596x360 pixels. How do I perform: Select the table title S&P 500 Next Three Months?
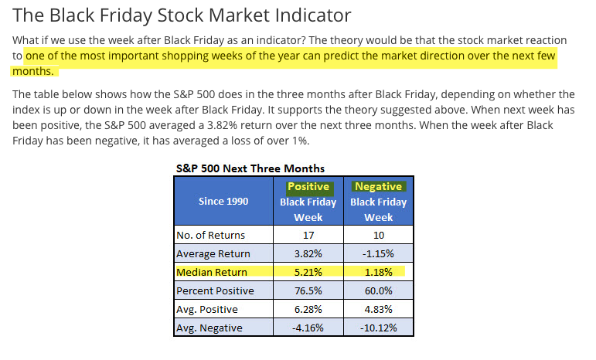pyautogui.click(x=250, y=168)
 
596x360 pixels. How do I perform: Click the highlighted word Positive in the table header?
pyautogui.click(x=308, y=186)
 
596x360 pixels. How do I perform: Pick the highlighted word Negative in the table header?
pyautogui.click(x=378, y=186)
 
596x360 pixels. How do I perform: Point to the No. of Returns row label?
pyautogui.click(x=210, y=235)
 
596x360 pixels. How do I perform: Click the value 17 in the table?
pyautogui.click(x=308, y=235)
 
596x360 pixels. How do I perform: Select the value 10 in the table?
pyautogui.click(x=379, y=235)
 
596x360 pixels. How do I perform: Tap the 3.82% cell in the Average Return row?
pyautogui.click(x=308, y=253)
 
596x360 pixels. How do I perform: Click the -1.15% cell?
pyautogui.click(x=379, y=253)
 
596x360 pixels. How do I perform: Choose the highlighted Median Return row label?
pyautogui.click(x=212, y=272)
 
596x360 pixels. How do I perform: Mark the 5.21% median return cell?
pyautogui.click(x=308, y=272)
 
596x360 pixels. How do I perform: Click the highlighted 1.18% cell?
pyautogui.click(x=379, y=272)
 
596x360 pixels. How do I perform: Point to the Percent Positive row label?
pyautogui.click(x=216, y=290)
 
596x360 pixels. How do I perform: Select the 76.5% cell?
pyautogui.click(x=308, y=290)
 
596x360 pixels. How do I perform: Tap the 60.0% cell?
pyautogui.click(x=379, y=290)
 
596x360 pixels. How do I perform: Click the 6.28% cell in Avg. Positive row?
pyautogui.click(x=308, y=309)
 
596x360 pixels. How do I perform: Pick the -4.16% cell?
pyautogui.click(x=308, y=328)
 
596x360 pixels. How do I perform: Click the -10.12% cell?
pyautogui.click(x=379, y=328)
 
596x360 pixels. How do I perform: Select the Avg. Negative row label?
pyautogui.click(x=209, y=328)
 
